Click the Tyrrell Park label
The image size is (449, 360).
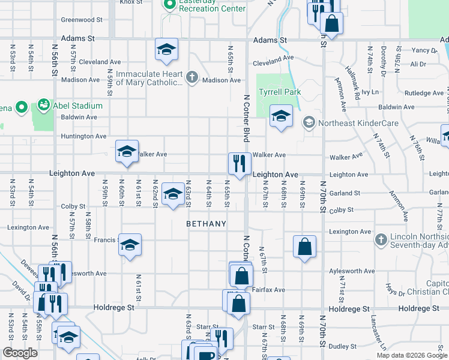(x=279, y=92)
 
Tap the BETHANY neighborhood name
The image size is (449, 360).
(x=206, y=224)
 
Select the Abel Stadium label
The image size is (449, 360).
(x=75, y=106)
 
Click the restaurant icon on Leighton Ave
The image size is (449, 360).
(x=239, y=163)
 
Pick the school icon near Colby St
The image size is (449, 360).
(x=173, y=194)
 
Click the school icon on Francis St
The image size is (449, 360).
(x=130, y=245)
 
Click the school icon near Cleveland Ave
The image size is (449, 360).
(x=167, y=49)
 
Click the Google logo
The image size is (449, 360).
(x=20, y=353)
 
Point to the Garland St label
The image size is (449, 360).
(x=345, y=193)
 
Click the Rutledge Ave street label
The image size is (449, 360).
(x=424, y=93)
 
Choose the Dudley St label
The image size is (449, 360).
(x=343, y=346)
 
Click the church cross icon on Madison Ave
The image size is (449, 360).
(x=191, y=77)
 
